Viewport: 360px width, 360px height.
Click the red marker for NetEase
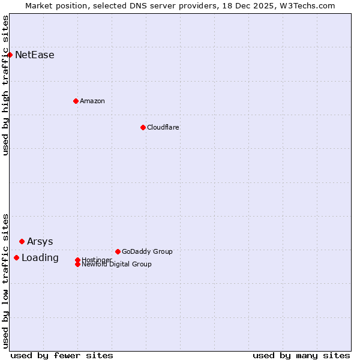10,55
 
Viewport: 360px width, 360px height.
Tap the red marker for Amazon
76,101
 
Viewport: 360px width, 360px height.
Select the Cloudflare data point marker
143,127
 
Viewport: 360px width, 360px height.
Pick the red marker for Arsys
22,241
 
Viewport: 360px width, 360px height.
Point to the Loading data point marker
16,257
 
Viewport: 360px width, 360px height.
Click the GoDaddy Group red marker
118,251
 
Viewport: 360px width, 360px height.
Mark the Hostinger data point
77,260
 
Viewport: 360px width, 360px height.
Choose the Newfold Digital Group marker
77,264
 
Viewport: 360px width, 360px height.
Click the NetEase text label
35,55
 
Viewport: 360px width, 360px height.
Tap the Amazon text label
92,101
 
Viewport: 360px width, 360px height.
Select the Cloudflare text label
163,127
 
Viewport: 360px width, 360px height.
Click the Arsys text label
40,242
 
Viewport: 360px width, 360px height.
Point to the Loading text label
40,258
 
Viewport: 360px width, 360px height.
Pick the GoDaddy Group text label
147,251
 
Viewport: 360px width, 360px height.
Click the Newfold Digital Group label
117,265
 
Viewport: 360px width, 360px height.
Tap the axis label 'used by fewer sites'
62,355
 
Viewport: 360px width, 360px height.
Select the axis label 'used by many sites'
301,355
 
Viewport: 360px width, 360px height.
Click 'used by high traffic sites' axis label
5,85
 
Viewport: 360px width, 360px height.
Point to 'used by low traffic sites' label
5,280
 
